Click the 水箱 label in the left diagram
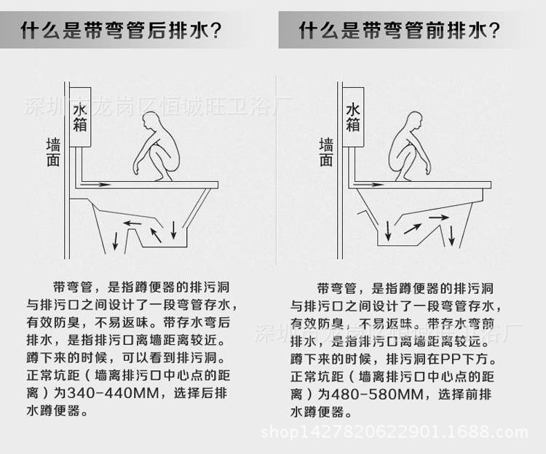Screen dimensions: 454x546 (x=79, y=116)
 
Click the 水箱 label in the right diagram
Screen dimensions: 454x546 (x=353, y=116)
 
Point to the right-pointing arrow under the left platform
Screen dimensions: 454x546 (x=95, y=185)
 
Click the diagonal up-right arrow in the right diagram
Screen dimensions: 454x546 (x=412, y=228)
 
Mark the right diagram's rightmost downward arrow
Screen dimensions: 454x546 (x=452, y=235)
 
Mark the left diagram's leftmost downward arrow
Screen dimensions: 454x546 (x=117, y=240)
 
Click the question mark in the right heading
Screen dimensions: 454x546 (x=494, y=31)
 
